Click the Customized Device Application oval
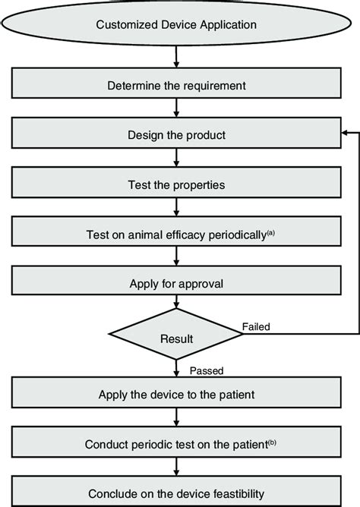pyautogui.click(x=176, y=25)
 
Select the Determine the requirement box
pyautogui.click(x=176, y=83)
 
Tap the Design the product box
pyautogui.click(x=176, y=135)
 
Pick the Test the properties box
pyautogui.click(x=176, y=184)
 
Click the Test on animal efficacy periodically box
pyautogui.click(x=176, y=235)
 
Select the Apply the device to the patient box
pyautogui.click(x=176, y=394)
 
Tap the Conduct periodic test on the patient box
pyautogui.click(x=176, y=444)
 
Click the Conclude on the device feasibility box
pyautogui.click(x=176, y=493)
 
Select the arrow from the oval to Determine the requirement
pyautogui.click(x=176, y=57)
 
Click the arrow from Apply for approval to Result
pyautogui.click(x=176, y=305)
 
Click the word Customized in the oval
pyautogui.click(x=124, y=25)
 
